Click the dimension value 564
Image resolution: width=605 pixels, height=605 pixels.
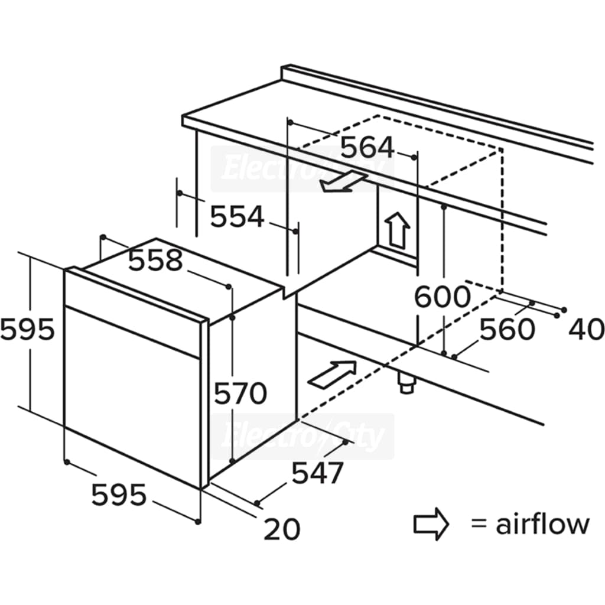[367, 147]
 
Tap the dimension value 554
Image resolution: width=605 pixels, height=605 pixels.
[237, 216]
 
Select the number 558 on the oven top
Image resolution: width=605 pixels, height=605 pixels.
[155, 261]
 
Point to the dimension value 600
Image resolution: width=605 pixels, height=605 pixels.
[442, 297]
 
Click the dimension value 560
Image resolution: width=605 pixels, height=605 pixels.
[507, 329]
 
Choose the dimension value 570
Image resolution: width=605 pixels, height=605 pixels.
[240, 393]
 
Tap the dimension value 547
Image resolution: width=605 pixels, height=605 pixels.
[317, 473]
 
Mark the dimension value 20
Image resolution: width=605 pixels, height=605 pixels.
[282, 529]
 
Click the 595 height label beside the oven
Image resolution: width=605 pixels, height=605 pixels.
[27, 330]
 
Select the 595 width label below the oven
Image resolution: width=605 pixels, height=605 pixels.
[119, 495]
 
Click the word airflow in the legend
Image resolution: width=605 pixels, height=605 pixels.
[542, 524]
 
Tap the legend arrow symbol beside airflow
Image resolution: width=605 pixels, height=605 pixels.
[431, 524]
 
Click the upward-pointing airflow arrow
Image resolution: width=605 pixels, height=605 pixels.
[398, 230]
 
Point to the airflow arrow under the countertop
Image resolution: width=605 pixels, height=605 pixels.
[343, 182]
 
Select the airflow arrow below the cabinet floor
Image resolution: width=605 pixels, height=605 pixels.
[332, 374]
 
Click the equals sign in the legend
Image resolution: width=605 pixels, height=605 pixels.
[479, 524]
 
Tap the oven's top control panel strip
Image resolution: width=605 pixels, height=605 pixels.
[132, 313]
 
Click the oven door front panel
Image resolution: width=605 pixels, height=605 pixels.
[132, 398]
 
